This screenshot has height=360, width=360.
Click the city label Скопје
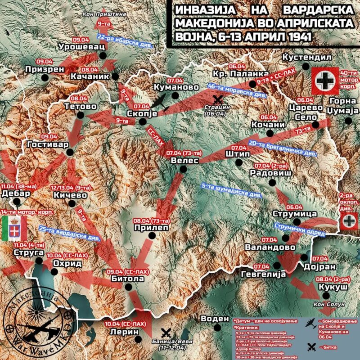pos(142,113)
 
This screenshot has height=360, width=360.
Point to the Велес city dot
pos(182,169)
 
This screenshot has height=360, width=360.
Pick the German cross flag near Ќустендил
pos(324,80)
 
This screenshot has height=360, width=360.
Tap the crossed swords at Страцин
pos(219,99)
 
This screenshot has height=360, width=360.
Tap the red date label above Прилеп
pos(151,221)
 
